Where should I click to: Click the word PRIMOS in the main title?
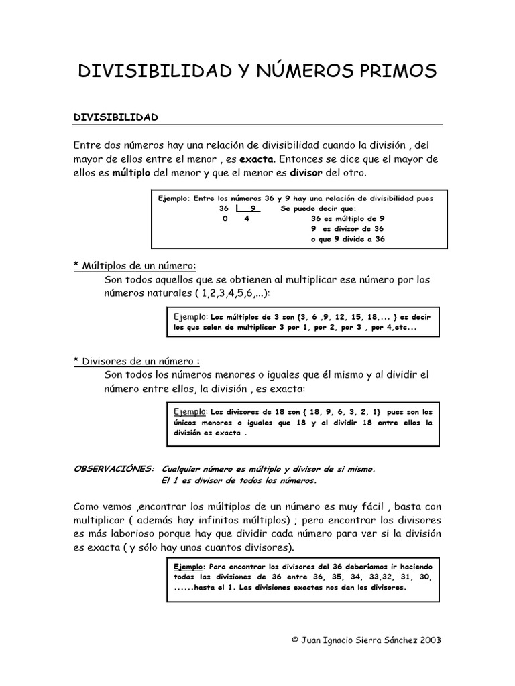pyautogui.click(x=392, y=71)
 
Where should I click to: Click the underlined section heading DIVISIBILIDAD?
pyautogui.click(x=115, y=117)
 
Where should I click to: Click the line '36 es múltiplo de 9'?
pyautogui.click(x=347, y=218)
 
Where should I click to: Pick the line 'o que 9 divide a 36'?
pyautogui.click(x=348, y=239)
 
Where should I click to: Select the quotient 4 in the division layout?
pyautogui.click(x=247, y=219)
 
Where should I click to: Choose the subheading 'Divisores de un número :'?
pyautogui.click(x=141, y=361)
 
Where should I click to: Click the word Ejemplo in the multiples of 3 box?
pyautogui.click(x=190, y=316)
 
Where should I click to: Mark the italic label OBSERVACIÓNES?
pyautogui.click(x=113, y=468)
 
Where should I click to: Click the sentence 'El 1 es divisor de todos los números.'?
pyautogui.click(x=239, y=480)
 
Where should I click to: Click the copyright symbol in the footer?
pyautogui.click(x=294, y=640)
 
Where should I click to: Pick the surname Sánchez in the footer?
pyautogui.click(x=400, y=640)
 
